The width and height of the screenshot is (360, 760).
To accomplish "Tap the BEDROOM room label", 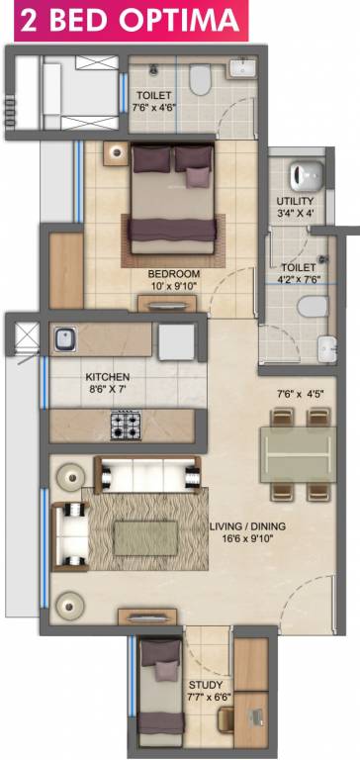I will point(174,273).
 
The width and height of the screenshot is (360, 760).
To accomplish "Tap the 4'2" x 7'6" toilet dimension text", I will point(297,280).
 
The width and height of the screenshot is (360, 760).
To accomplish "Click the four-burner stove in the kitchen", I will point(126,426).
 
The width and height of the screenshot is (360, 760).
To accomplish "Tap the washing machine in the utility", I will point(303,176).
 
